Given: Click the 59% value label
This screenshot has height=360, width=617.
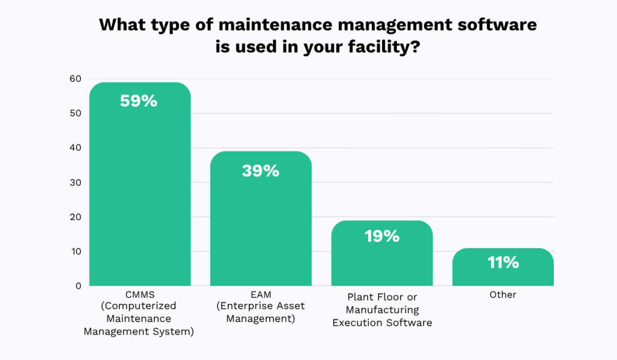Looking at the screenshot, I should pyautogui.click(x=139, y=101).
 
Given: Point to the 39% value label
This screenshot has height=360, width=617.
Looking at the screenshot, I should pyautogui.click(x=260, y=171).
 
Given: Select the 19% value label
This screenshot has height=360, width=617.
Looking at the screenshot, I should pyautogui.click(x=382, y=236).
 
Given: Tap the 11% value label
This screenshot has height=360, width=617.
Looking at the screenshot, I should pyautogui.click(x=503, y=262).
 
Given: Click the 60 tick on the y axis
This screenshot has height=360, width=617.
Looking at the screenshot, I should pyautogui.click(x=75, y=78).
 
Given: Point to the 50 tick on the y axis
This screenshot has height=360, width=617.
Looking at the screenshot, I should pyautogui.click(x=75, y=113).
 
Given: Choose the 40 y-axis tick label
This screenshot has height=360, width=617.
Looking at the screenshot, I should pyautogui.click(x=75, y=148).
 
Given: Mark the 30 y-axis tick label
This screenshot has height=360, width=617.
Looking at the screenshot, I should pyautogui.click(x=75, y=182).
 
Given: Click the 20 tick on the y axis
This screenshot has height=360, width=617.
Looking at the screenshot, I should pyautogui.click(x=75, y=217).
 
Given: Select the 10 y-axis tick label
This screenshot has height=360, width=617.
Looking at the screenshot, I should pyautogui.click(x=75, y=251).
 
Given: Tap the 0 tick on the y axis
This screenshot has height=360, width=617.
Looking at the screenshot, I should pyautogui.click(x=78, y=286).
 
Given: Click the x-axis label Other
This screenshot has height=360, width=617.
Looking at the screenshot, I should pyautogui.click(x=503, y=295).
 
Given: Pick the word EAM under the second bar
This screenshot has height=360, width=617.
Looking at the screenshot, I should pyautogui.click(x=260, y=294).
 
